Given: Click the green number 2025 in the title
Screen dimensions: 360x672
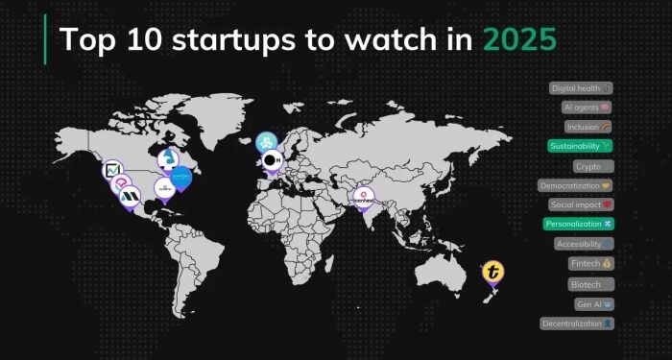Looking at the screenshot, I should coord(518,40).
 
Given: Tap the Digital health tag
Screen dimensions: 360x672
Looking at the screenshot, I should coord(581,88).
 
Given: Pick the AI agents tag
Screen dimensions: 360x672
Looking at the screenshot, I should coord(587,108).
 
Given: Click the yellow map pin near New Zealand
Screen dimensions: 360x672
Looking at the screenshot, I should coord(493,273).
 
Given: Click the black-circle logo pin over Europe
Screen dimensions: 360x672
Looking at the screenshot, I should coord(274,159).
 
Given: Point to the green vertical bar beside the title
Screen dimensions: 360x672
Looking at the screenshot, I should coord(45,39).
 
